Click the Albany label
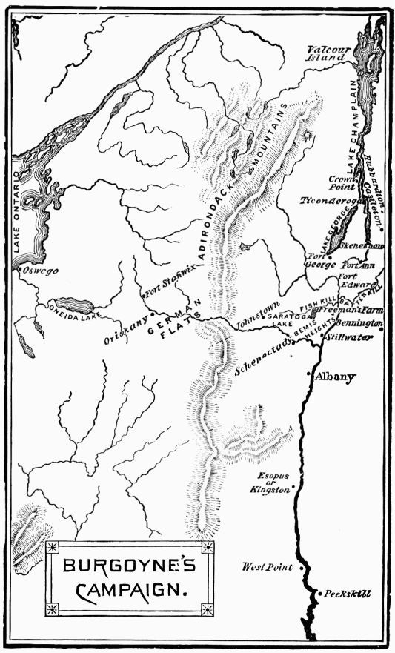pos(335,377)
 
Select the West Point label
pos(268,567)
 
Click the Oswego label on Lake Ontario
pos(42,271)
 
